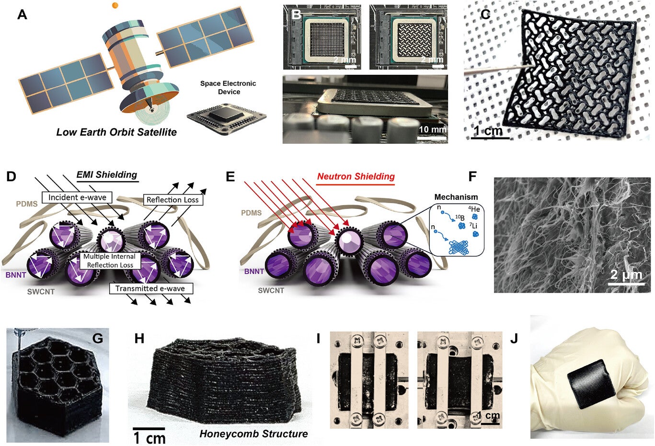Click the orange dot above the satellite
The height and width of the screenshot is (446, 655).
click(115, 6)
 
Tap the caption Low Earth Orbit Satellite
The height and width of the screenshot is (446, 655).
click(116, 132)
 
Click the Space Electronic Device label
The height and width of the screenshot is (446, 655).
click(228, 87)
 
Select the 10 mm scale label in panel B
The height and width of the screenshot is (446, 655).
click(432, 129)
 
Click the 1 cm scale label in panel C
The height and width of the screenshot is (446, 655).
click(488, 131)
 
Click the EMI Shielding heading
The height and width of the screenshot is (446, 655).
click(107, 175)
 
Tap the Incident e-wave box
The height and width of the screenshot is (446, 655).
click(77, 197)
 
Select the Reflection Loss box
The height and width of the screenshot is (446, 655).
click(172, 200)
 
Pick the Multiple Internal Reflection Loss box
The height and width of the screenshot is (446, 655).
click(109, 261)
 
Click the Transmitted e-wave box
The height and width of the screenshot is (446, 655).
click(150, 288)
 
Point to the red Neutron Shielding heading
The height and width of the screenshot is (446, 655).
click(356, 176)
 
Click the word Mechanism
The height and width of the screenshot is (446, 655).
click(456, 197)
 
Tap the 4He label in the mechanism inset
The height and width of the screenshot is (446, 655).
click(474, 209)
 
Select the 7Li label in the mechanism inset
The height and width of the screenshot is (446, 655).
click(473, 226)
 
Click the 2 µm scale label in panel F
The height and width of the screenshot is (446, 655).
click(626, 275)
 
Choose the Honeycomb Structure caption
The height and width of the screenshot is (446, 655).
click(253, 434)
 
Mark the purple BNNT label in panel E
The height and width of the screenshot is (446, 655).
click(254, 271)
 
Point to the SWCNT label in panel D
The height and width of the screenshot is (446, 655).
click(41, 291)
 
